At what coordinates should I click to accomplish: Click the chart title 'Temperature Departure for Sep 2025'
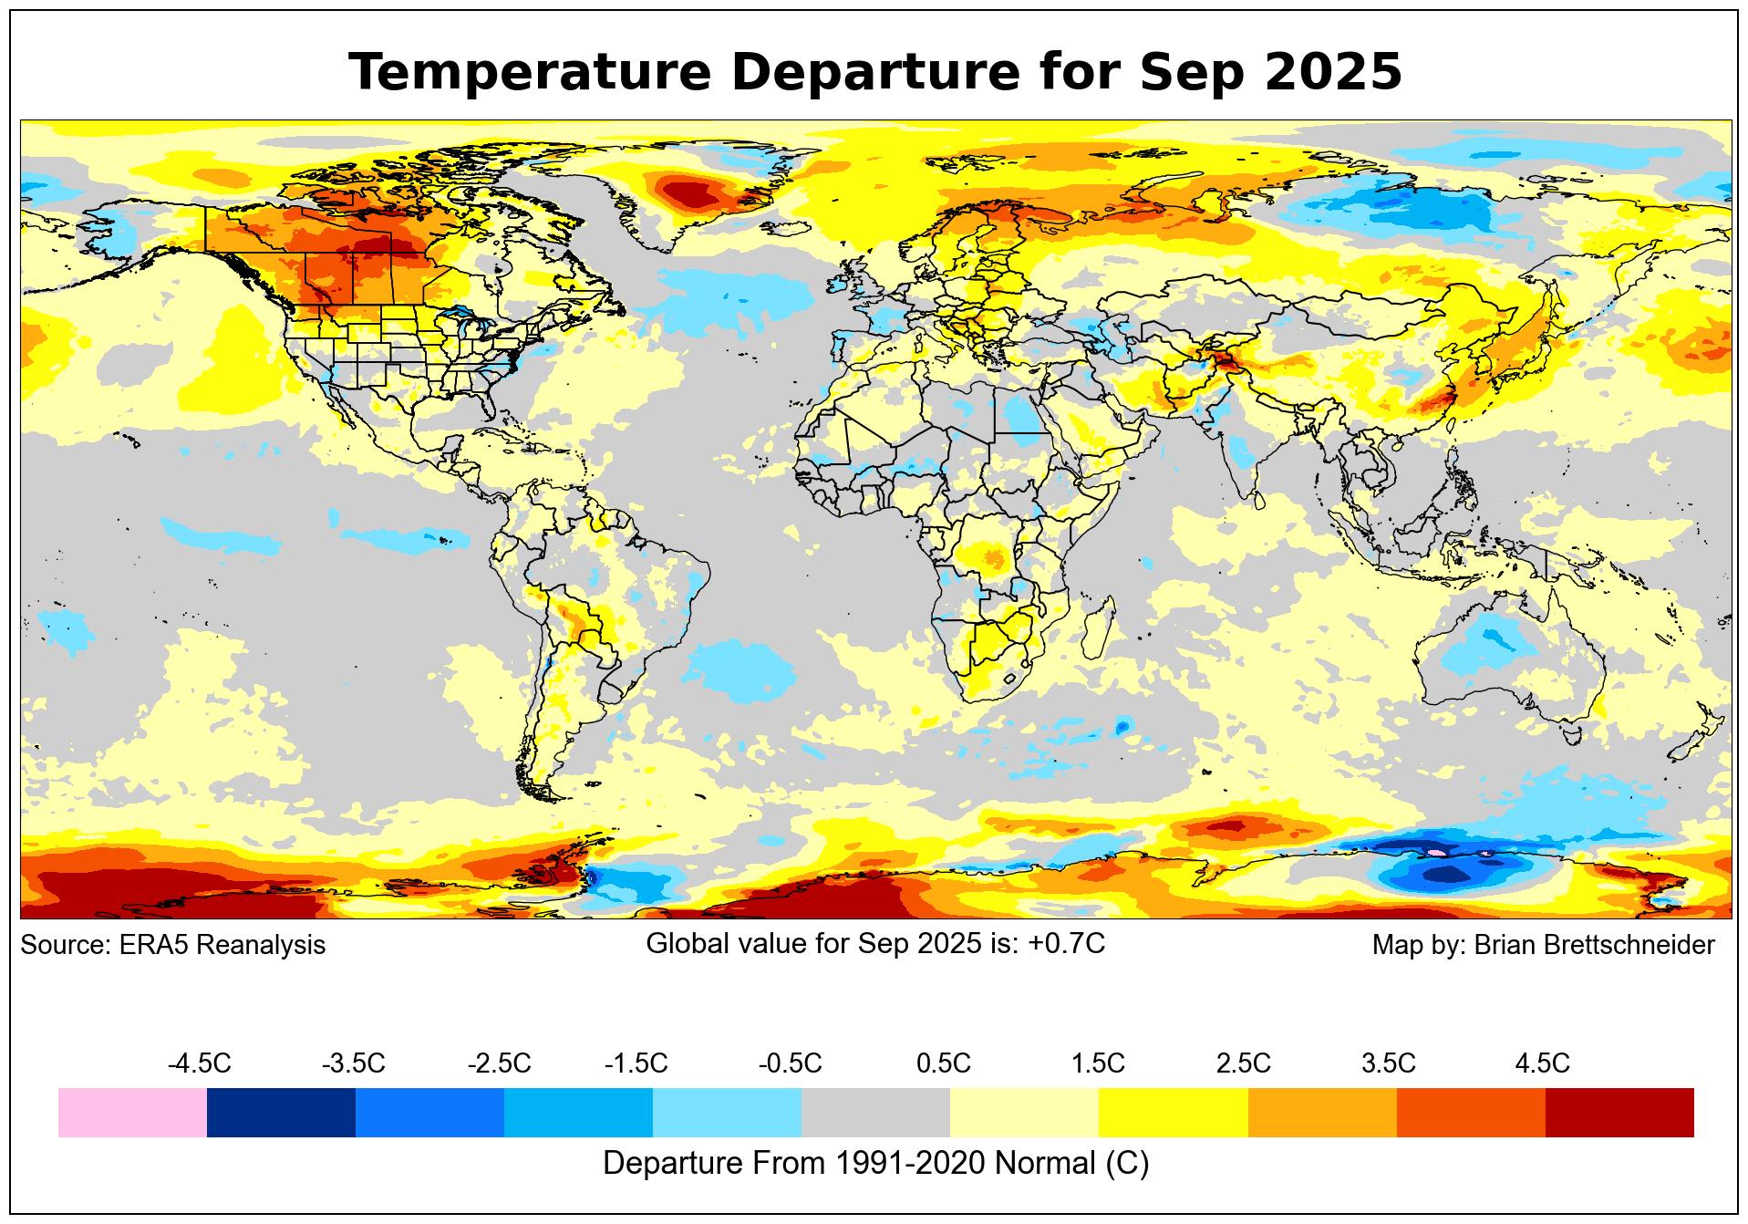pos(874,72)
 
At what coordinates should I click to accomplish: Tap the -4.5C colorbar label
pos(199,1063)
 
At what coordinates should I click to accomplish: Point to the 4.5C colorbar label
pos(1542,1063)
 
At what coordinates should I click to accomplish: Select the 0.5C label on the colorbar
pos(943,1063)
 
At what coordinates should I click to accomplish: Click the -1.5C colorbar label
pos(636,1063)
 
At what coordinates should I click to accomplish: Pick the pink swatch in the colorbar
pos(132,1112)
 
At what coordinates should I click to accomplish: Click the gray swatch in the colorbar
pos(875,1112)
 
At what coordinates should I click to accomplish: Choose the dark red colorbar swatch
pos(1619,1112)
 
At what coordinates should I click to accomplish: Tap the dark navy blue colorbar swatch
pos(281,1112)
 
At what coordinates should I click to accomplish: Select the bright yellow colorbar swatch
pos(1173,1112)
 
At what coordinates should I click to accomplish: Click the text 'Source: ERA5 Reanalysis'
pos(172,945)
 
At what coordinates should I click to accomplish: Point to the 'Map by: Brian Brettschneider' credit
pos(1543,945)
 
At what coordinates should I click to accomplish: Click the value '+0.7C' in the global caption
pos(1066,943)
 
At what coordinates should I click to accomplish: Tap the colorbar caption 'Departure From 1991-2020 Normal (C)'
pos(875,1164)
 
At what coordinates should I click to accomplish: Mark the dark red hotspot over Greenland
pos(690,194)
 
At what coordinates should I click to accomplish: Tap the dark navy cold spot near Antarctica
pos(1445,875)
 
